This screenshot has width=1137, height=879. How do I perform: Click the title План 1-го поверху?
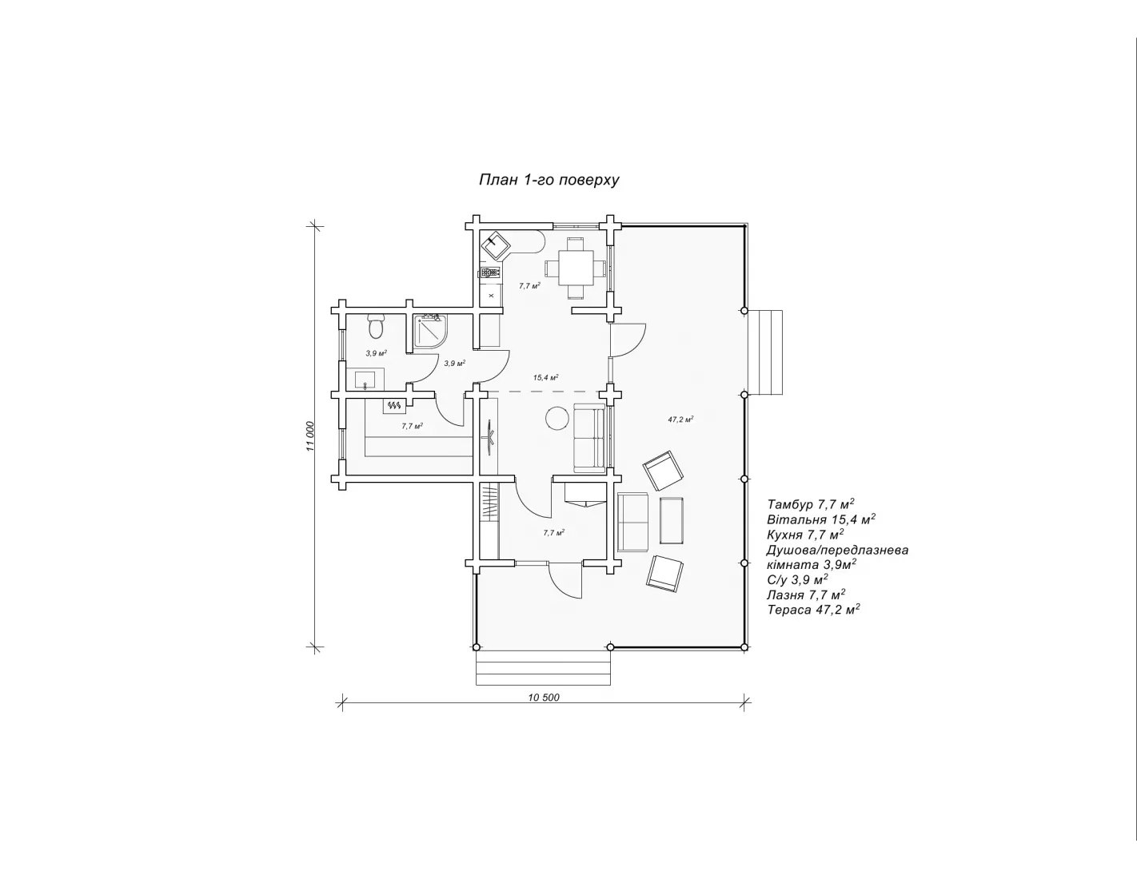(549, 180)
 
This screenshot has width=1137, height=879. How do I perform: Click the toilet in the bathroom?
(376, 325)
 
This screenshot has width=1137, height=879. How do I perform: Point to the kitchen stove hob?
(489, 272)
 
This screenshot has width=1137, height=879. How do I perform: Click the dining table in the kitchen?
(576, 268)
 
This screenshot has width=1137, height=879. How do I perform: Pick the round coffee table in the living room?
(557, 418)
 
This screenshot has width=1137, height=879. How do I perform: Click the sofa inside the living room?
(590, 438)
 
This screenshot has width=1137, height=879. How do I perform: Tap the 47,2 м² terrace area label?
(680, 420)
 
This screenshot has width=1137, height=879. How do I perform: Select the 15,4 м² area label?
(546, 377)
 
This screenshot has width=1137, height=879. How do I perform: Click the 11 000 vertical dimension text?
(311, 436)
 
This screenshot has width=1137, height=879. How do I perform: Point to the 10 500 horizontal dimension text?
(544, 697)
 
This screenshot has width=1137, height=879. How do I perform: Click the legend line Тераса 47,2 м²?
(814, 609)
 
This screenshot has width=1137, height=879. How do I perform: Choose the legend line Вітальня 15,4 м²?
(821, 519)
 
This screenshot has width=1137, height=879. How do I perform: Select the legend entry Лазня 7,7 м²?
(806, 595)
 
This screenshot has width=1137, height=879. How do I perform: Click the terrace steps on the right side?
(764, 352)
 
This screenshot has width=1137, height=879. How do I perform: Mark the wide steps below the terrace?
(543, 667)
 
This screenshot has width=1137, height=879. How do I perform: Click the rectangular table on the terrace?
(672, 520)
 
